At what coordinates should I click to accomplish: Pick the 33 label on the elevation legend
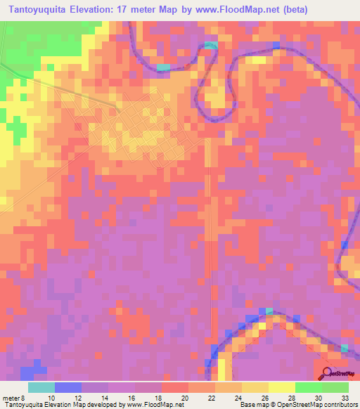pos(345,398)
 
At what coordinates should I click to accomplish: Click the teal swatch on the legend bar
pos(41,387)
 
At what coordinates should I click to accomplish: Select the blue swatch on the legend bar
pos(68,387)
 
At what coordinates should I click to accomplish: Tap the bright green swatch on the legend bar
pos(308,387)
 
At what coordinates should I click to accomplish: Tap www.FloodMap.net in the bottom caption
pos(150,405)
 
